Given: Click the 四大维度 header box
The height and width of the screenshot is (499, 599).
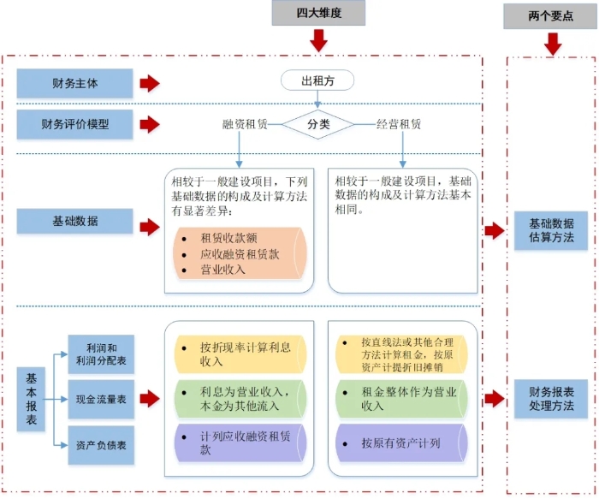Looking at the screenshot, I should coord(318,13).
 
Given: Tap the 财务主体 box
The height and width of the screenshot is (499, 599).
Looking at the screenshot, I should coord(75,84).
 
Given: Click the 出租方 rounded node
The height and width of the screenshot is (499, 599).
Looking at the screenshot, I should coord(317,81).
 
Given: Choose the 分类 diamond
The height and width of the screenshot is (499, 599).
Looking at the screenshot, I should coord(318,124).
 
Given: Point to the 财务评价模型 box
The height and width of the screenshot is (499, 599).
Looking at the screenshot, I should coord(75,124).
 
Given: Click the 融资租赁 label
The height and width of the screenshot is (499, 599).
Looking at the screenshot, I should coord(245,124).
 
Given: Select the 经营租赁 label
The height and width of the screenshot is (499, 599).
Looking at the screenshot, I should coord(399,124).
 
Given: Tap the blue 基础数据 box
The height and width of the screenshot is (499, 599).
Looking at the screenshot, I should coord(75,221).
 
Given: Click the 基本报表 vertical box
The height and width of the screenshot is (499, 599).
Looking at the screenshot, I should coord(32,399).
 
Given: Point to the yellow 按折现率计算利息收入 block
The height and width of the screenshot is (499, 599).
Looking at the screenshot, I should coord(239,354).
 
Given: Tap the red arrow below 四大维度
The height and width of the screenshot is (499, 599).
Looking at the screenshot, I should coord(318,40).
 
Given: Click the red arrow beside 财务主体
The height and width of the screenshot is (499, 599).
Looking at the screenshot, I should coord(150,84).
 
